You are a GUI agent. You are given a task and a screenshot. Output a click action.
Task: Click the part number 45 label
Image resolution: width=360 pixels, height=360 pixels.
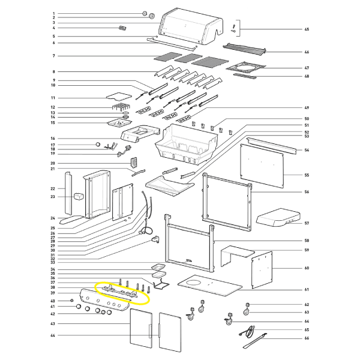click(x=307, y=29)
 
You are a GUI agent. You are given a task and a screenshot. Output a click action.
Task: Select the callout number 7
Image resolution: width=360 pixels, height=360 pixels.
click(x=53, y=56)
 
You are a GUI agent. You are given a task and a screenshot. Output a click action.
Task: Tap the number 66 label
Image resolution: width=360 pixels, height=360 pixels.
click(x=307, y=339)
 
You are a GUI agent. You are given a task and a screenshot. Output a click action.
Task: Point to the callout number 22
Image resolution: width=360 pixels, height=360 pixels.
click(x=53, y=188)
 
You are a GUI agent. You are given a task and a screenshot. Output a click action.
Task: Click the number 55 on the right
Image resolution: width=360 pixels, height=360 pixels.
click(x=307, y=175)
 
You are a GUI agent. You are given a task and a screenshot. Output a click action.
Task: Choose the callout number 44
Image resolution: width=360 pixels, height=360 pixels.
click(x=53, y=335)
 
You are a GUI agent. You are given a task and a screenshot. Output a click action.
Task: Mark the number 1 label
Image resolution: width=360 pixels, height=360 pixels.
click(x=53, y=13)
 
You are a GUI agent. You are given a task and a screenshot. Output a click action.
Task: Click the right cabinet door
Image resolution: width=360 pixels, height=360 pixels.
click(x=169, y=331)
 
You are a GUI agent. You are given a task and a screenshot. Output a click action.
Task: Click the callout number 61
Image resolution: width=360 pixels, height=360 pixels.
click(x=307, y=290)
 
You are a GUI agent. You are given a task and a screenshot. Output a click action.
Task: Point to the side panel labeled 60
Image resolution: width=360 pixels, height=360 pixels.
click(x=262, y=269)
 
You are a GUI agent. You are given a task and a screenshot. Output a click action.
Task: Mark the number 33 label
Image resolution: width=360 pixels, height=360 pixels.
click(x=53, y=262)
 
